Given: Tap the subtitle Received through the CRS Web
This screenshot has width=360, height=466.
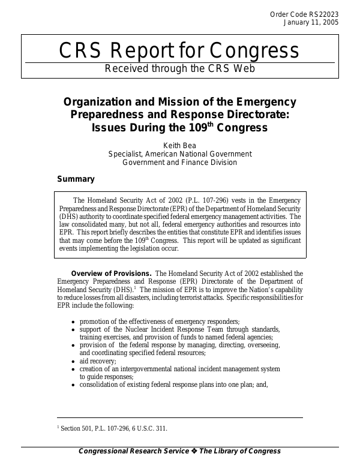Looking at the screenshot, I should [x=180, y=68].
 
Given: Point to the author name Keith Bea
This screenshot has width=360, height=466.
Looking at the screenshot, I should [x=180, y=145].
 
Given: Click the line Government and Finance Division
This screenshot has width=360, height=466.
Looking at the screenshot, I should [x=180, y=162].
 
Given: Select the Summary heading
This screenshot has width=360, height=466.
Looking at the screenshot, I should [x=76, y=179].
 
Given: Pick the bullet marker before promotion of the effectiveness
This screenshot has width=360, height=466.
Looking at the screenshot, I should [x=73, y=322].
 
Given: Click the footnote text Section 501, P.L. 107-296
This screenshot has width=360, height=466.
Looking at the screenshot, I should [x=114, y=428].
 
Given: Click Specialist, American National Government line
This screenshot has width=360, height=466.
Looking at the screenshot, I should [x=180, y=154].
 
